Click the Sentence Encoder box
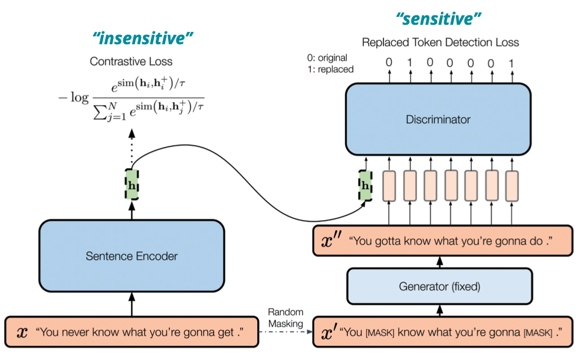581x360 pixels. (x=132, y=256)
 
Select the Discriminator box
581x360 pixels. (x=438, y=119)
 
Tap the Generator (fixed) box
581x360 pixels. (x=439, y=286)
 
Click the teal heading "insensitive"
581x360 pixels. (x=143, y=38)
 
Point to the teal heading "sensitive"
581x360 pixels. (x=438, y=18)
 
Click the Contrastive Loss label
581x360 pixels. (x=131, y=61)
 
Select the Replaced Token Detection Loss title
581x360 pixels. (x=440, y=42)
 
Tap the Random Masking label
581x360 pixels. (x=285, y=318)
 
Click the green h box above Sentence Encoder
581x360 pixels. (x=132, y=185)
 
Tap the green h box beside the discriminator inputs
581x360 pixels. (x=365, y=185)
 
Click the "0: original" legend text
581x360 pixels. (x=327, y=58)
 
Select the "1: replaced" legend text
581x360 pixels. (x=330, y=69)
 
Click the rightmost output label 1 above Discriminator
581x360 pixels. (x=511, y=63)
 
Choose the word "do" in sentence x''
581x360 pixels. (x=536, y=241)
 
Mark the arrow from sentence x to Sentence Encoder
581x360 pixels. (x=132, y=305)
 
